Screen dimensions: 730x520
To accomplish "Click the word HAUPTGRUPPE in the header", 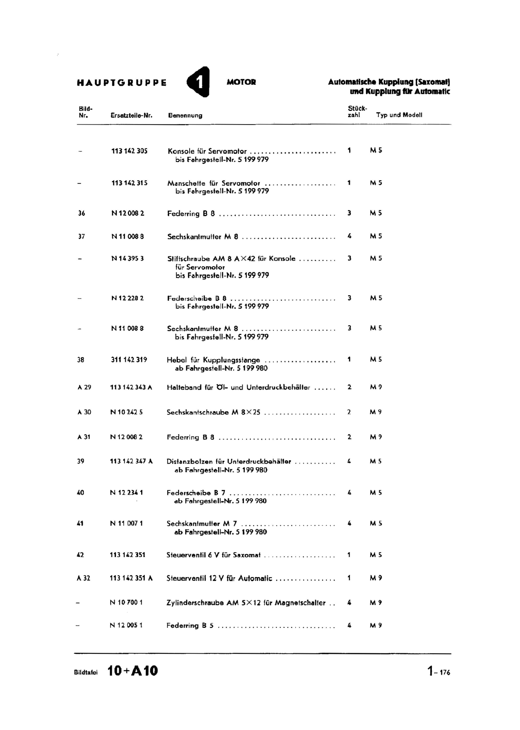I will pos(122,83).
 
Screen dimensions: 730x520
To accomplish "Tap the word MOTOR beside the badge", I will pos(241,83).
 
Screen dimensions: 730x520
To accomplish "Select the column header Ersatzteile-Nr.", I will pos(131,115).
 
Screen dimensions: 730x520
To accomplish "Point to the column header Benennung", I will pos(185,115).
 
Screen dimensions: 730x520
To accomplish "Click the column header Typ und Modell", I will pos(399,115).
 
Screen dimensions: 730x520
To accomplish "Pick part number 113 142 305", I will pos(129,151).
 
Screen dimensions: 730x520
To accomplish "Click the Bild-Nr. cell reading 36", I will pos(81,213).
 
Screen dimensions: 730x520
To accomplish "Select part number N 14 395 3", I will pos(127,259).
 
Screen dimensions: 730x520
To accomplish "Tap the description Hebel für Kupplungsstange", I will pos(213,360).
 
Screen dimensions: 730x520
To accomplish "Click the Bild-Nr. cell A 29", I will pos(84,387).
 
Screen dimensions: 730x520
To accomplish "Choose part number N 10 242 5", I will pos(127,412).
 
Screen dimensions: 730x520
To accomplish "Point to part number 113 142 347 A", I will pos(131,461).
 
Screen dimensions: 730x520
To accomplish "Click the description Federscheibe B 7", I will pos(196,493).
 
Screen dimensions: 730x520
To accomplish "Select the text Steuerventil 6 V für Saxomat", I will pos(213,555).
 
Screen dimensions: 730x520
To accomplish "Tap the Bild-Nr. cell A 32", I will pos(84,578).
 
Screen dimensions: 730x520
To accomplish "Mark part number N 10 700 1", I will pos(126,603).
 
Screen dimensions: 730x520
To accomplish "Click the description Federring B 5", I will pos(190,626).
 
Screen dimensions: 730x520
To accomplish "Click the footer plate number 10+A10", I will pos(133,671).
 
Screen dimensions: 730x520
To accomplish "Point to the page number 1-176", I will pos(439,672).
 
